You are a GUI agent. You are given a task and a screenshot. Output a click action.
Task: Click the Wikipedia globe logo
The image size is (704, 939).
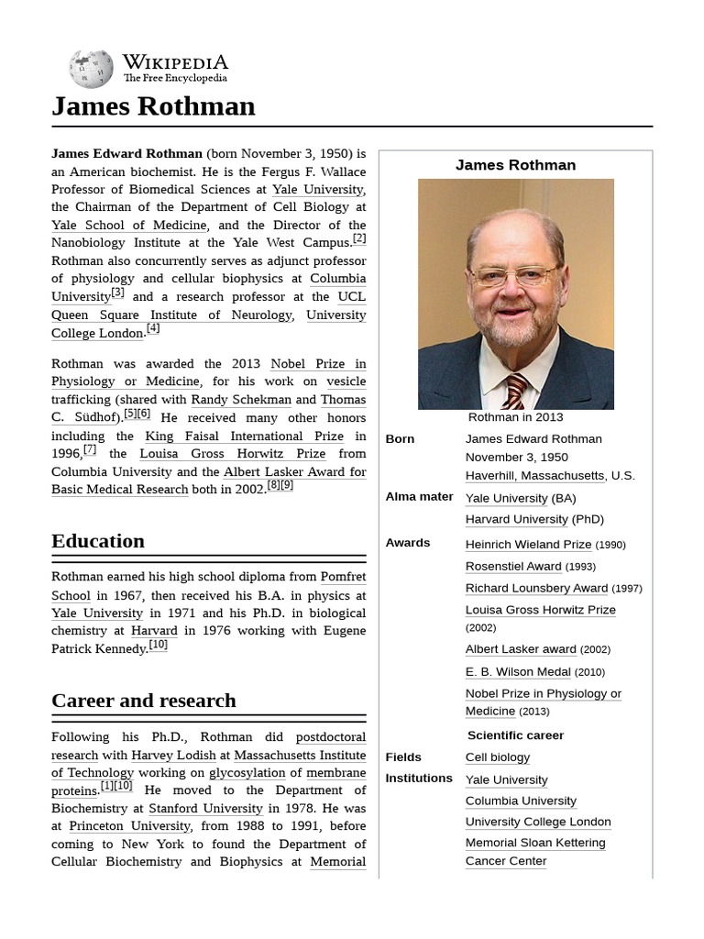(91, 69)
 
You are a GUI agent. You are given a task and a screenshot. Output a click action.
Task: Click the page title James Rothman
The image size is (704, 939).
(153, 106)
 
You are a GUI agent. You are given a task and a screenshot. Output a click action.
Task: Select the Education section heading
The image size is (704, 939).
(98, 541)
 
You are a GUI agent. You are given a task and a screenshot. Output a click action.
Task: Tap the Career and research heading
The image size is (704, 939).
(143, 701)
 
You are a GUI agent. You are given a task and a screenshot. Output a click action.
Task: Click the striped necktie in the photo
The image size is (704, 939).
(515, 391)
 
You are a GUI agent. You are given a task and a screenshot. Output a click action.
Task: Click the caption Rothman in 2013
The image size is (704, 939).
(515, 417)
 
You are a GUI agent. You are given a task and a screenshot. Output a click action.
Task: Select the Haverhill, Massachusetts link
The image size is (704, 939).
(534, 475)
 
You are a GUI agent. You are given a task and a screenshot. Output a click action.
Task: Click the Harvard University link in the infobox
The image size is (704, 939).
(516, 519)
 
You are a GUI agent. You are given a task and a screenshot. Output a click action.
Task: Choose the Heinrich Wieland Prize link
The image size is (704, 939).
(528, 545)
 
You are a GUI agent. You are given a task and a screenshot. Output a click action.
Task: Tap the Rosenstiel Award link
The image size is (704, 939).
(512, 567)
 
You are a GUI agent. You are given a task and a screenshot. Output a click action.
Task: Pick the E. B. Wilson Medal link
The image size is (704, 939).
(518, 672)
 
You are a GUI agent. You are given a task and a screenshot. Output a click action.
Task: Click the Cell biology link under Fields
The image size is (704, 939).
(497, 757)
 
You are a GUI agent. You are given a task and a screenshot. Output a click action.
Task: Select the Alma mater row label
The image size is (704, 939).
(419, 497)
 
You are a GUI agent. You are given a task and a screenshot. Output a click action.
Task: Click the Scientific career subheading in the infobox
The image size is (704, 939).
(515, 735)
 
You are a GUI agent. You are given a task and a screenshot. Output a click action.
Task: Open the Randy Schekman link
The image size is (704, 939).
(240, 400)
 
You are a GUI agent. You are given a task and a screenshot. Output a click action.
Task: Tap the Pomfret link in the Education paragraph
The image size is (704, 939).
(343, 578)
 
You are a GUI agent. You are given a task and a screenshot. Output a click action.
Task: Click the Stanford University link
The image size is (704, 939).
(205, 809)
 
